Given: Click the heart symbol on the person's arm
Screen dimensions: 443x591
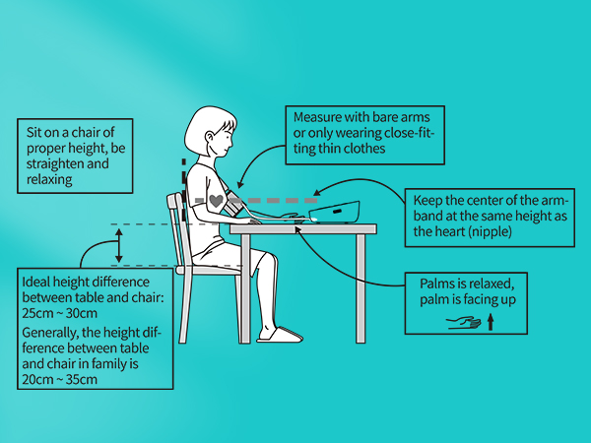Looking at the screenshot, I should pos(217,200).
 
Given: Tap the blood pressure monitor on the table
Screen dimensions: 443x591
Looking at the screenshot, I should pos(335,210).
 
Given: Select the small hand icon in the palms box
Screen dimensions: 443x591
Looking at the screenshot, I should pos(462,322).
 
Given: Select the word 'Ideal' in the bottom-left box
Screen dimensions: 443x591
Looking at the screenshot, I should pos(37,282).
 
